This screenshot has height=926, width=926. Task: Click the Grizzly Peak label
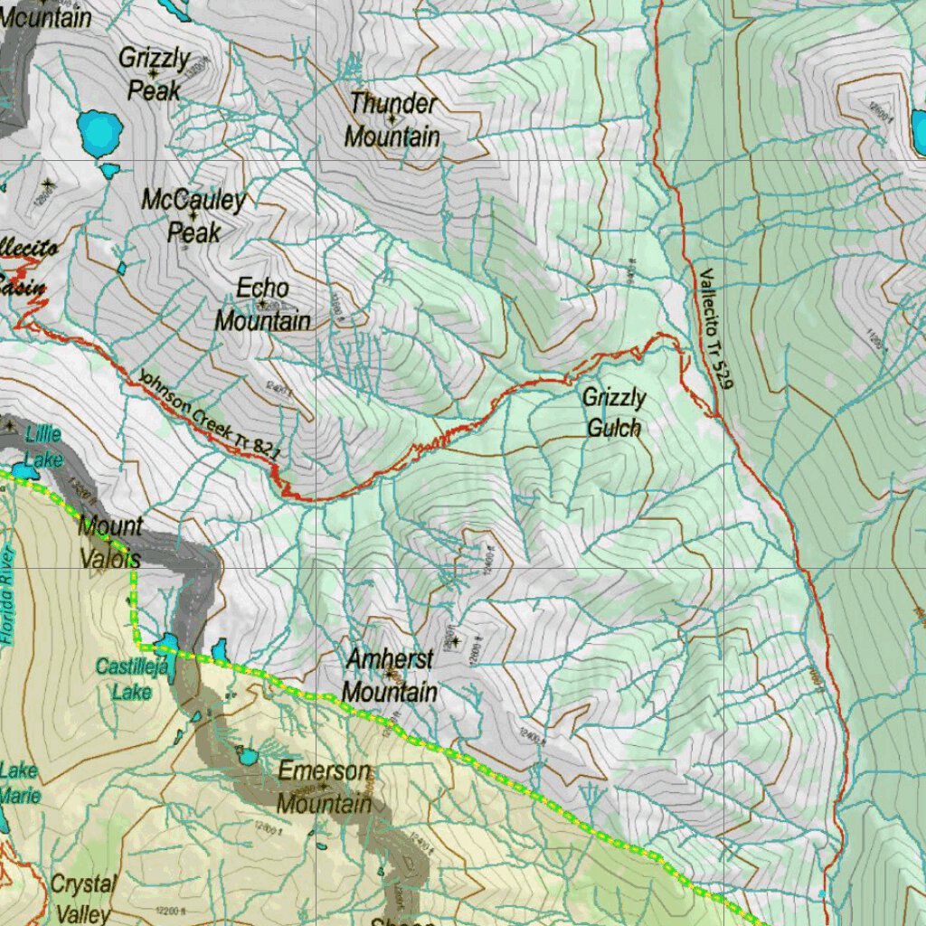tap(155, 74)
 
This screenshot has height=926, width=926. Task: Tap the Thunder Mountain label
tap(392, 119)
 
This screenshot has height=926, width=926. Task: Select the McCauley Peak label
tap(194, 216)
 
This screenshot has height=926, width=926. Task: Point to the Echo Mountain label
tap(262, 304)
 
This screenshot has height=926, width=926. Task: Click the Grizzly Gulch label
tap(614, 412)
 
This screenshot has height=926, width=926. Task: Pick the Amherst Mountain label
tap(391, 676)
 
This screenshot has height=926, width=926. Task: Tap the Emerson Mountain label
tap(324, 788)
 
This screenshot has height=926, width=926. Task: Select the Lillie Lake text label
tap(43, 446)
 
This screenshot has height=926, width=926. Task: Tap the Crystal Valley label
tap(83, 897)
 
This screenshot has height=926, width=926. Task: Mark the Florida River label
tap(8, 597)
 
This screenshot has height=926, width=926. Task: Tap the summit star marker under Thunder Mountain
tap(392, 118)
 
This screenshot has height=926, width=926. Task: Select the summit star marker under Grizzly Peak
tap(154, 73)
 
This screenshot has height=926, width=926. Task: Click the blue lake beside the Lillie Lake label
tap(25, 471)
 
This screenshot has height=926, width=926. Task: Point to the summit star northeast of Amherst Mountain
tap(456, 641)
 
